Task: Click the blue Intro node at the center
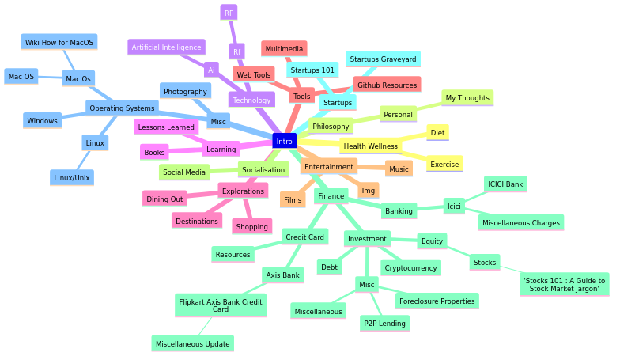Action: pos(284,141)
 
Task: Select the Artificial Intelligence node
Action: pos(166,47)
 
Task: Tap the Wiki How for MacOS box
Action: pos(59,43)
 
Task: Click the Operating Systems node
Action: pos(122,108)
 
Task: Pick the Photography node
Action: pos(185,92)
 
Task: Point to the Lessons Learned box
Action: pos(166,127)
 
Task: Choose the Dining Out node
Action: pos(164,199)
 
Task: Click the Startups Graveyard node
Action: pos(383,59)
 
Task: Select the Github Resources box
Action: pos(386,85)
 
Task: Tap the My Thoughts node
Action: pos(467,98)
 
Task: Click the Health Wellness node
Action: pos(370,146)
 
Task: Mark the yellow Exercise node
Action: pos(444,165)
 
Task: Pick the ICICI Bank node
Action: pos(505,184)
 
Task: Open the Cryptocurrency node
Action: pos(410,268)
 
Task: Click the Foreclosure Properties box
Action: pos(437,301)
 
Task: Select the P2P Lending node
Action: pos(384,323)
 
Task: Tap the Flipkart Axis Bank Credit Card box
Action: pos(221,305)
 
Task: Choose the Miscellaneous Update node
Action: pos(192,343)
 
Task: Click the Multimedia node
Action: pos(284,49)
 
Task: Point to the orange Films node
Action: pos(293,200)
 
